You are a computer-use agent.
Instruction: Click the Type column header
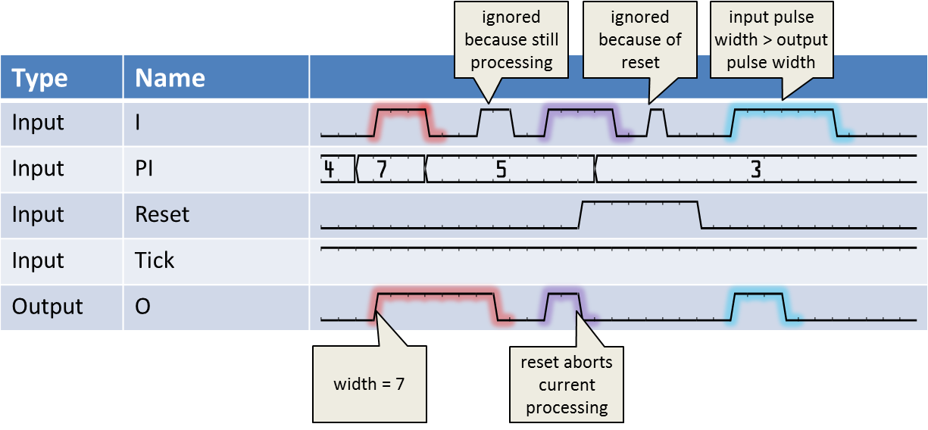pos(39,78)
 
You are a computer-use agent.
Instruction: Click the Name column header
pos(170,78)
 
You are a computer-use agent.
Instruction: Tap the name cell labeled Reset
pos(161,215)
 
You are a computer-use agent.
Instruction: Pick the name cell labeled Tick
pos(154,260)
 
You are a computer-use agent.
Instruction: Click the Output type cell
pos(47,307)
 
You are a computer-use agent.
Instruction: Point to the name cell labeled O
pos(142,307)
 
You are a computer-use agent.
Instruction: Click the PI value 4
pos(329,169)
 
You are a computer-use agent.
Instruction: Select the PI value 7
pos(382,169)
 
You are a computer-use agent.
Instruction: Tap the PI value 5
pos(500,169)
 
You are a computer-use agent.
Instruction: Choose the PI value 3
pos(755,169)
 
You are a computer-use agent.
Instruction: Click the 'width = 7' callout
pos(369,384)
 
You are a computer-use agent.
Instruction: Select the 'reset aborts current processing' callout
pos(567,385)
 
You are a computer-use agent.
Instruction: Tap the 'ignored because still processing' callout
pos(511,39)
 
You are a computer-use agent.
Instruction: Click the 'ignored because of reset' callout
pos(640,39)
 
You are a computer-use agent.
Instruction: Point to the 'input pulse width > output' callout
pos(771,39)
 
